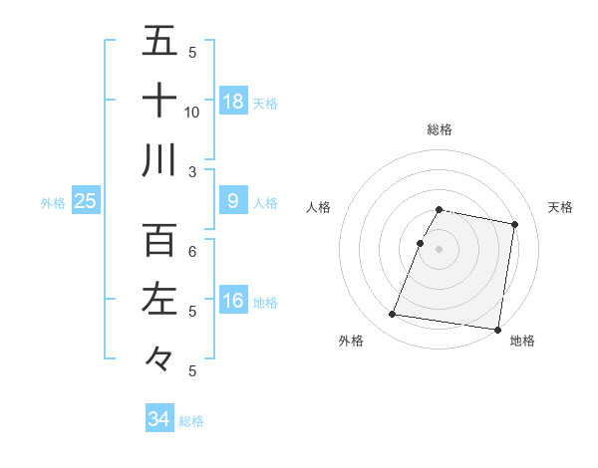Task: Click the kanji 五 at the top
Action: [159, 42]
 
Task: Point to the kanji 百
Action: [159, 240]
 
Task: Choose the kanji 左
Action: [159, 299]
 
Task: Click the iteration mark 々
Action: [159, 356]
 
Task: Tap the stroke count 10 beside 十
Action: [192, 112]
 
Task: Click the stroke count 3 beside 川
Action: [192, 171]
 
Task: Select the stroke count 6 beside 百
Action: [192, 252]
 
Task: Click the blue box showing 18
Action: [233, 101]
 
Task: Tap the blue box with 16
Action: [233, 301]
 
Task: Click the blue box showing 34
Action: [158, 419]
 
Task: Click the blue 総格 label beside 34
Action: [191, 421]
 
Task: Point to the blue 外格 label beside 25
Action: [53, 203]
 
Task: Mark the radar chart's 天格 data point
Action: [514, 225]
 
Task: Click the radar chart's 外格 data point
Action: [393, 315]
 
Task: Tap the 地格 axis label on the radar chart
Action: [522, 341]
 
